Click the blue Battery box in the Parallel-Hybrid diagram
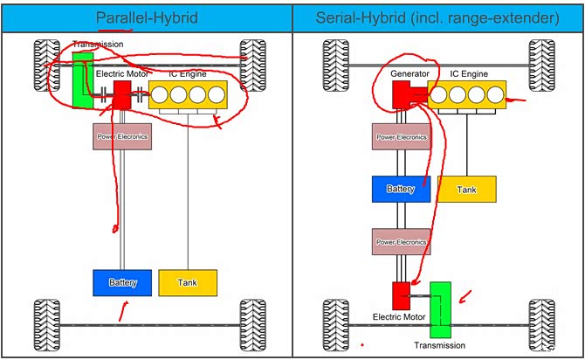click(x=121, y=282)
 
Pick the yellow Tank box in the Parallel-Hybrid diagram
click(x=188, y=282)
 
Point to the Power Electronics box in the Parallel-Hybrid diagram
click(x=121, y=136)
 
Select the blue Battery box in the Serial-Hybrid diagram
click(x=401, y=189)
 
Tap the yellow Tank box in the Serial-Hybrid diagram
click(x=466, y=189)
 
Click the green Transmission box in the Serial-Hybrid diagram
click(x=441, y=309)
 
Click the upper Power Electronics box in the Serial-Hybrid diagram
click(x=401, y=136)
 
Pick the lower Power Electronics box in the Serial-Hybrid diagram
click(x=401, y=241)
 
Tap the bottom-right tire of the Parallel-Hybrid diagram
click(x=249, y=322)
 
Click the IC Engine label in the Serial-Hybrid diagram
click(x=470, y=74)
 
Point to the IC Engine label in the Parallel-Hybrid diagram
click(x=189, y=74)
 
